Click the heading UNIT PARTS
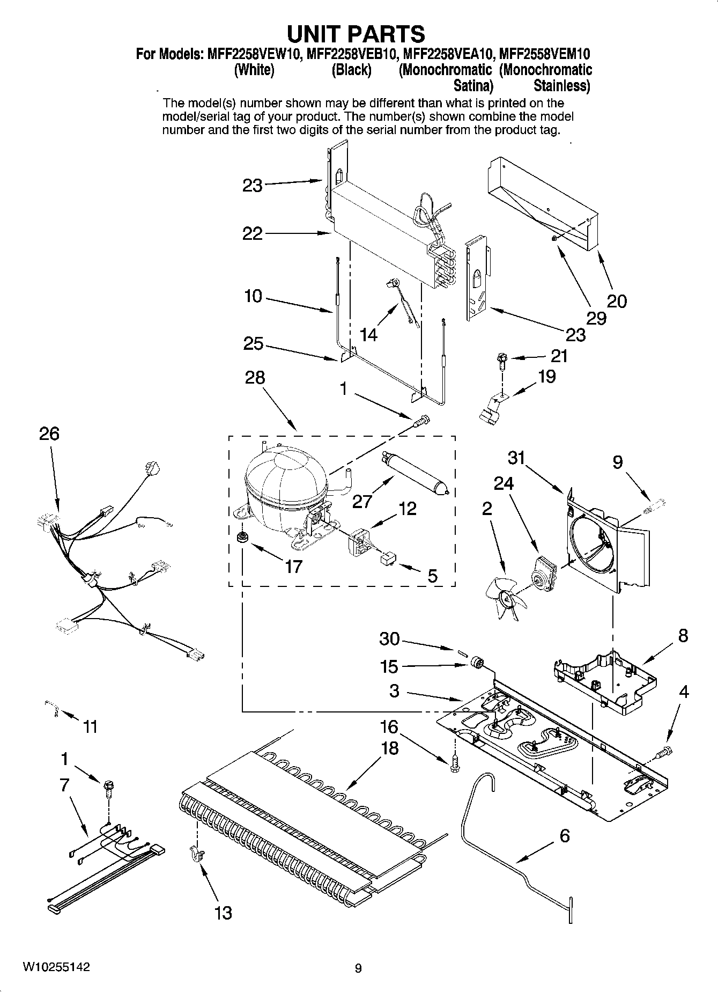click(x=356, y=33)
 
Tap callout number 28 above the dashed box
click(x=255, y=377)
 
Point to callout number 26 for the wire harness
click(x=49, y=433)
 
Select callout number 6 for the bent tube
click(x=564, y=835)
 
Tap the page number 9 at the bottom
click(x=358, y=968)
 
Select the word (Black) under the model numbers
click(x=351, y=70)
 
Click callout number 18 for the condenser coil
click(x=390, y=748)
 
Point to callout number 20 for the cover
click(x=617, y=301)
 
